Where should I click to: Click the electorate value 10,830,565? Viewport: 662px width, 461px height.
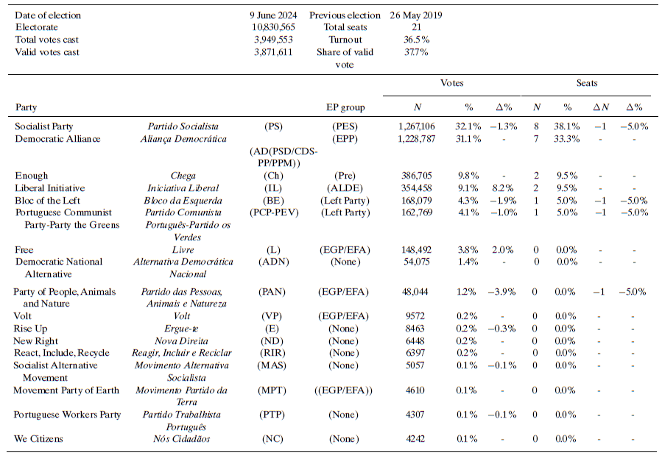pyautogui.click(x=273, y=27)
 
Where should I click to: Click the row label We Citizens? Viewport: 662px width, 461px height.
pyautogui.click(x=38, y=440)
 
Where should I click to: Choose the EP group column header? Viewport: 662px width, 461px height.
pyautogui.click(x=345, y=107)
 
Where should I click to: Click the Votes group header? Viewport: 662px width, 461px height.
pyautogui.click(x=451, y=83)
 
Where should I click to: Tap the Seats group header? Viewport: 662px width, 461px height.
pyautogui.click(x=587, y=83)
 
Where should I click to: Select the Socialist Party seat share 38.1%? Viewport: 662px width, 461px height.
pyautogui.click(x=567, y=126)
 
